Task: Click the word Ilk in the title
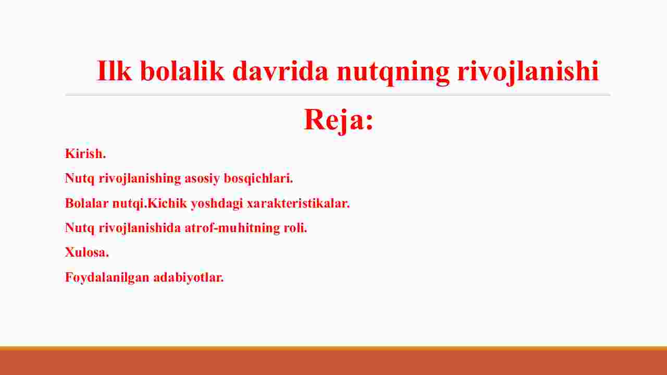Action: click(114, 70)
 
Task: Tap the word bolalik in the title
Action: click(182, 70)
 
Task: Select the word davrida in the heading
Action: click(280, 70)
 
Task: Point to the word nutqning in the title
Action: click(393, 72)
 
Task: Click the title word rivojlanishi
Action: click(528, 72)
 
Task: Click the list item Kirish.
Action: click(85, 153)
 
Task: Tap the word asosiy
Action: click(202, 178)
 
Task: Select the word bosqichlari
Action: click(258, 178)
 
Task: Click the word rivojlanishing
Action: click(140, 179)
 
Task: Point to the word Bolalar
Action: click(87, 203)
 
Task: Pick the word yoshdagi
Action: click(217, 204)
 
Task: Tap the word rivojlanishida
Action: click(140, 228)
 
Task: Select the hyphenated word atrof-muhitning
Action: click(232, 228)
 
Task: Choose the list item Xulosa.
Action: click(87, 252)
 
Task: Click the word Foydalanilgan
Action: click(107, 277)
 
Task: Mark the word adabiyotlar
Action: click(189, 277)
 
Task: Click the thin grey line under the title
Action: click(338, 95)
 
